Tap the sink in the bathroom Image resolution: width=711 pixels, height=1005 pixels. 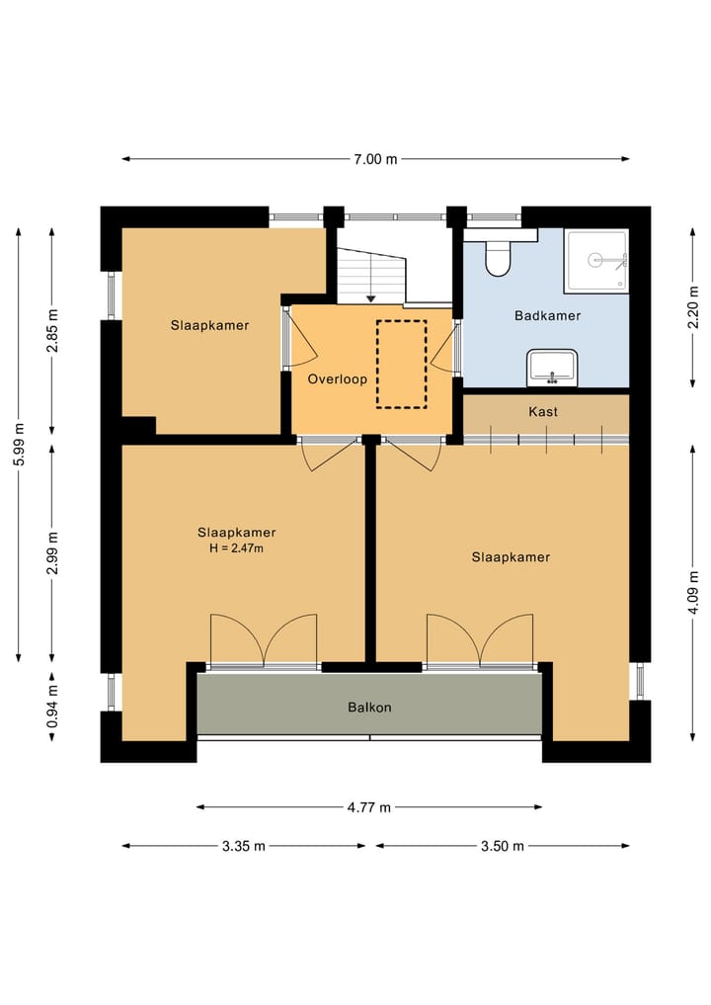pos(551,368)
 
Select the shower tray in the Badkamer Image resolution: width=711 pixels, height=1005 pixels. pos(595,261)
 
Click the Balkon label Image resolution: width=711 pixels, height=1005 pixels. pos(369,708)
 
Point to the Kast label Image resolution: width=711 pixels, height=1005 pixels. pos(543,411)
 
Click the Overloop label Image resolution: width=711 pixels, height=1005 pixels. pos(337,378)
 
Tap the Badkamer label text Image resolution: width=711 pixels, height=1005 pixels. pos(548,315)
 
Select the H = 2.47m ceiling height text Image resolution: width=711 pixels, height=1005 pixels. pos(236,548)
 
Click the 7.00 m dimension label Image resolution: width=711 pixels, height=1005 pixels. pos(375,159)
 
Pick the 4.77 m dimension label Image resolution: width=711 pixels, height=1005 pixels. pos(369,807)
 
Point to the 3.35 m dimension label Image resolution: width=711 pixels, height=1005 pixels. pos(243,846)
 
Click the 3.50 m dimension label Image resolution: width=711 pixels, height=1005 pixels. pos(503,846)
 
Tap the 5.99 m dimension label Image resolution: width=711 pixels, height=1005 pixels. pos(19,444)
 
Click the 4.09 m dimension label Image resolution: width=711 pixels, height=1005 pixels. pos(693,592)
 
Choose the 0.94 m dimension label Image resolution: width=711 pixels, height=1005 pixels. pos(52,707)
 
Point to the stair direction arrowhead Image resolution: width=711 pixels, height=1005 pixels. pos(370,298)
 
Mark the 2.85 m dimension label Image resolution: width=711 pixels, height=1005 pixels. pos(52,330)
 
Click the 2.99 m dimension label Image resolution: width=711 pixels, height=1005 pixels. pos(52,552)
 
